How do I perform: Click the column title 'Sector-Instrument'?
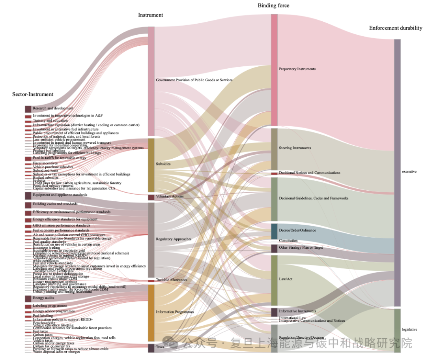(33, 94)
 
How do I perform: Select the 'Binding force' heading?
(273, 6)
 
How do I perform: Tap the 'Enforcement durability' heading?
(396, 28)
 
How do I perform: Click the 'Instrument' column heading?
(150, 15)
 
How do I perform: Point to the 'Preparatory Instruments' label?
(297, 69)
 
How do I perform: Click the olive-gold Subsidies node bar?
(151, 165)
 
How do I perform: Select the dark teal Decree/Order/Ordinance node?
(274, 231)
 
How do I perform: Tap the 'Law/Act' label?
(286, 279)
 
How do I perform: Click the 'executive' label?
(409, 172)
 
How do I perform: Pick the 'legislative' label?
(409, 329)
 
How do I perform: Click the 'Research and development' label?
(53, 108)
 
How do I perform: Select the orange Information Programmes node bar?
(151, 312)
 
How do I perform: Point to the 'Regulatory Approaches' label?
(174, 239)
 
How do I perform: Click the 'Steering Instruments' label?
(295, 148)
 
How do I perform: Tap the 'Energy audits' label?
(44, 298)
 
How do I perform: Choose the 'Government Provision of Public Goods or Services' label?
(194, 80)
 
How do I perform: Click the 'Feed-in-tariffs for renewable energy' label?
(59, 158)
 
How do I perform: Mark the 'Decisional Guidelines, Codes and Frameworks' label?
(314, 198)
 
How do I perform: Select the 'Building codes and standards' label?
(55, 204)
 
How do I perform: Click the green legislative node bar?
(397, 330)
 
